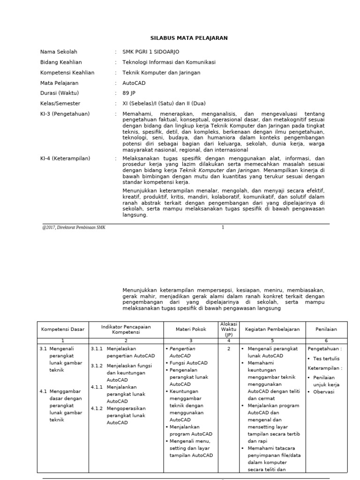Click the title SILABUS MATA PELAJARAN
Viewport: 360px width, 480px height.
tap(182, 38)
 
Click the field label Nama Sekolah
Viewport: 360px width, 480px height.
tap(59, 52)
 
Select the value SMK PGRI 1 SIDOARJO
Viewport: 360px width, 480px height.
tap(150, 52)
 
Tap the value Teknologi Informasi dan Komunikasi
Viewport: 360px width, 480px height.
tap(169, 62)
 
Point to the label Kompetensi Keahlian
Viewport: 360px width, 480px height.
tap(67, 73)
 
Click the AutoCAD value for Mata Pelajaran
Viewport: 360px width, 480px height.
tap(134, 82)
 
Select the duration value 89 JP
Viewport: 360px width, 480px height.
tap(129, 93)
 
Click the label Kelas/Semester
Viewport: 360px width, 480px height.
tap(60, 103)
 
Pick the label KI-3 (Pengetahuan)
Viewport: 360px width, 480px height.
tap(65, 114)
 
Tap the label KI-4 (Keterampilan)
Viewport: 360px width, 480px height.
tap(65, 159)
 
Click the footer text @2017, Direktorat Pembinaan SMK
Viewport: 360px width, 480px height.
tap(74, 228)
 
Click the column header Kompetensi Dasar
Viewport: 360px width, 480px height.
tap(63, 330)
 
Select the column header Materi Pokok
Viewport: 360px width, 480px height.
tap(189, 330)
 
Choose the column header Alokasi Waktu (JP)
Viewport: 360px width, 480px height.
tap(228, 330)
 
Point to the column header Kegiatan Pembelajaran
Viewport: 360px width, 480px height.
tap(272, 330)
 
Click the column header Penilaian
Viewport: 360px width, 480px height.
tap(327, 330)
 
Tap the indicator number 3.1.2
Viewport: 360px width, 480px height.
tap(97, 366)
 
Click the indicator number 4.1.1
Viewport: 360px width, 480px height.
tap(97, 387)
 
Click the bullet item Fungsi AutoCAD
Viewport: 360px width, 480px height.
tap(188, 363)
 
